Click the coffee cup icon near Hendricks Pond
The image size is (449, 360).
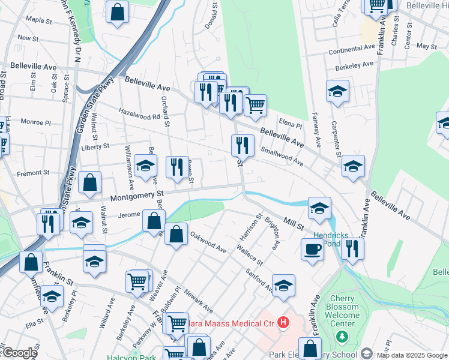(x=312, y=249)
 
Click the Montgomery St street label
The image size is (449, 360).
(x=136, y=195)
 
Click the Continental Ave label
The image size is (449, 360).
(x=352, y=50)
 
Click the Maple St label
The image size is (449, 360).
(x=38, y=20)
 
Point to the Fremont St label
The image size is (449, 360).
(x=34, y=173)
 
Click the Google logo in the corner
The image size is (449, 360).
(x=19, y=353)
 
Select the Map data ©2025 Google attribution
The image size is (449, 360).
(x=411, y=355)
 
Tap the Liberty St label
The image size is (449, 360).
(x=95, y=146)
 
